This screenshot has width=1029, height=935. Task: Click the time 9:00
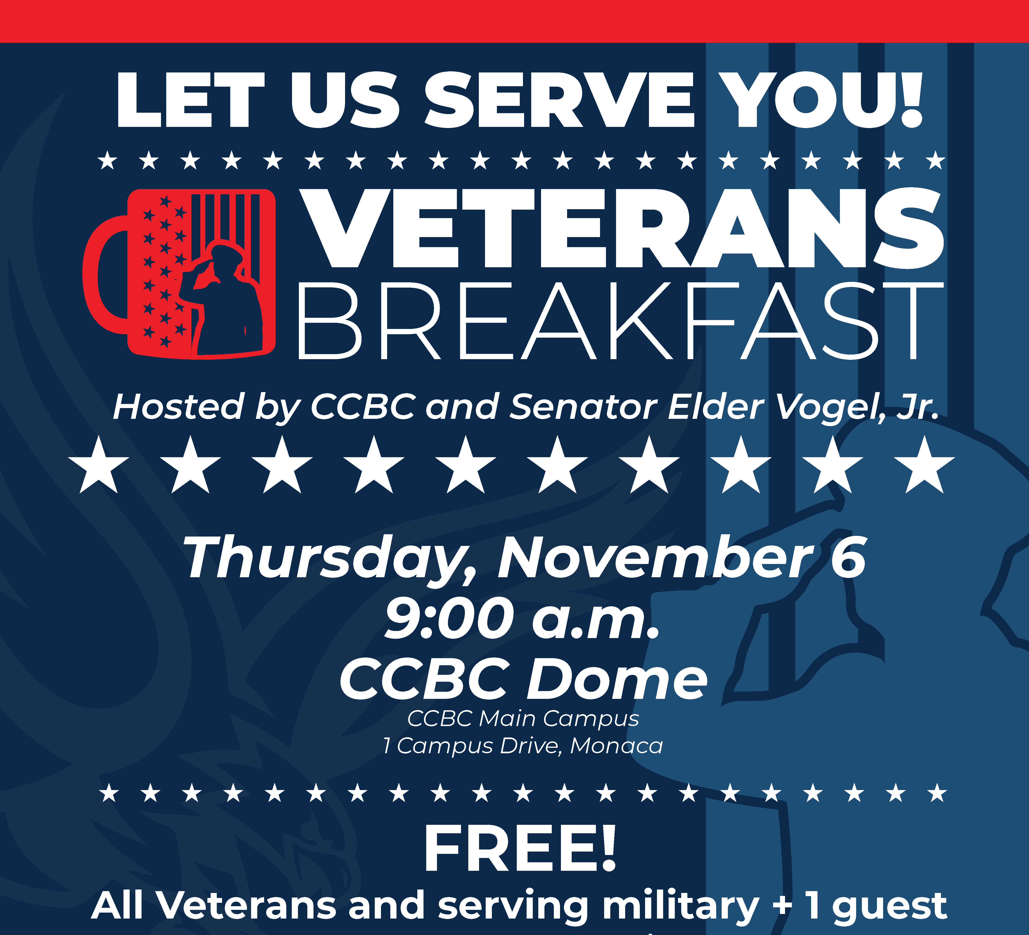click(449, 619)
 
